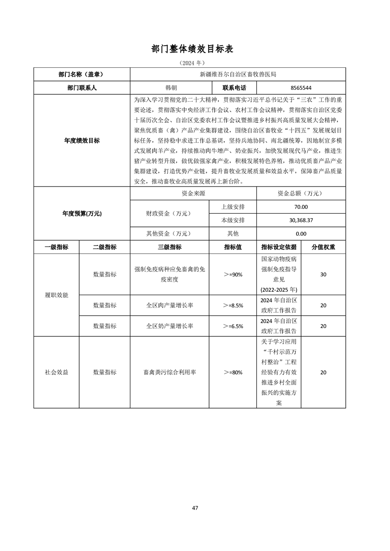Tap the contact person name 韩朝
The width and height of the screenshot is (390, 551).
pyautogui.click(x=170, y=87)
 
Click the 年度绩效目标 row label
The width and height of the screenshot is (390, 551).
pyautogui.click(x=82, y=140)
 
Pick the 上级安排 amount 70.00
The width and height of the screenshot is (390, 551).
pyautogui.click(x=301, y=207)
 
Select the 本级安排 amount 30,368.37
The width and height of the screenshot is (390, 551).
pyautogui.click(x=301, y=220)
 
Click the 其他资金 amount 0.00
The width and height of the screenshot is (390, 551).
pyautogui.click(x=301, y=234)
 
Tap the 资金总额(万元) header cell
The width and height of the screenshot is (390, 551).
pyautogui.click(x=301, y=193)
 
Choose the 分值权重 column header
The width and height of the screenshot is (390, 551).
pyautogui.click(x=323, y=247)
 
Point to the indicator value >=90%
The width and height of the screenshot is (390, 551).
pyautogui.click(x=233, y=275)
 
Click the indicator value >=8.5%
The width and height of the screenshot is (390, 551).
pyautogui.click(x=233, y=305)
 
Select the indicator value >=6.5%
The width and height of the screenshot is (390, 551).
pyautogui.click(x=233, y=326)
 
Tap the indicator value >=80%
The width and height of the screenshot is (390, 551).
pyautogui.click(x=233, y=373)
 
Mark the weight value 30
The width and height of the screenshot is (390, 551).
pyautogui.click(x=323, y=275)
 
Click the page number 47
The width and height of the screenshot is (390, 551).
pyautogui.click(x=195, y=508)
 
